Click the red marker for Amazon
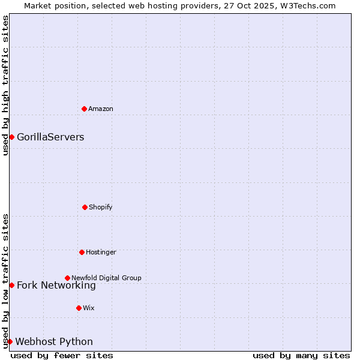[84, 109]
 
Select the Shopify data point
[85, 207]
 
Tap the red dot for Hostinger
[82, 252]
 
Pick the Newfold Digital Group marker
[67, 278]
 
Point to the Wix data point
[79, 308]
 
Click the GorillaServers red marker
[11, 137]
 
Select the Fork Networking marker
[11, 285]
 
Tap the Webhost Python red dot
[10, 341]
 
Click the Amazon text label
[101, 109]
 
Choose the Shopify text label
[101, 207]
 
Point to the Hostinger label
[101, 252]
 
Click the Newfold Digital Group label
[106, 278]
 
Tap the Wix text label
[89, 308]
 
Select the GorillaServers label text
[50, 137]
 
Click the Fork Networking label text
[56, 285]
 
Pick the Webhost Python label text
[54, 341]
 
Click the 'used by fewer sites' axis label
[62, 355]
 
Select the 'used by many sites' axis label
[301, 355]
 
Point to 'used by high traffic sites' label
[5, 86]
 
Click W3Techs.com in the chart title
[310, 5]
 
